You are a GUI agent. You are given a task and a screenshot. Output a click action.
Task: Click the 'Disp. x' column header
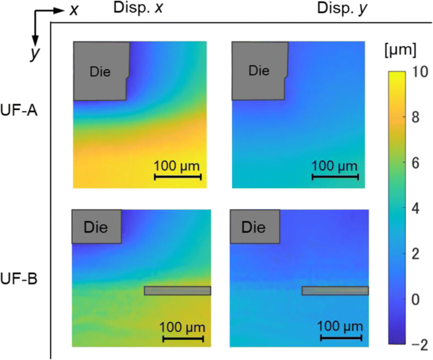click(x=137, y=8)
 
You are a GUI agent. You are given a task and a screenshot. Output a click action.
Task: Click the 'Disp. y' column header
click(x=296, y=8)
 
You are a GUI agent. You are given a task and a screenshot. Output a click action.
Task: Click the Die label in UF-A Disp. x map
click(x=99, y=72)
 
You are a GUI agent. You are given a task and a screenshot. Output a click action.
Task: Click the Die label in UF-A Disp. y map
click(x=257, y=71)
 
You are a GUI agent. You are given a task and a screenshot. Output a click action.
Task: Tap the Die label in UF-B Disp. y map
click(x=253, y=226)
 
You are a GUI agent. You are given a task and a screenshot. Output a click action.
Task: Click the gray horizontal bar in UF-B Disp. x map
click(x=177, y=291)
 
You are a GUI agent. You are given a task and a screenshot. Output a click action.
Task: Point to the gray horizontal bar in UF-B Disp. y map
click(x=335, y=291)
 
